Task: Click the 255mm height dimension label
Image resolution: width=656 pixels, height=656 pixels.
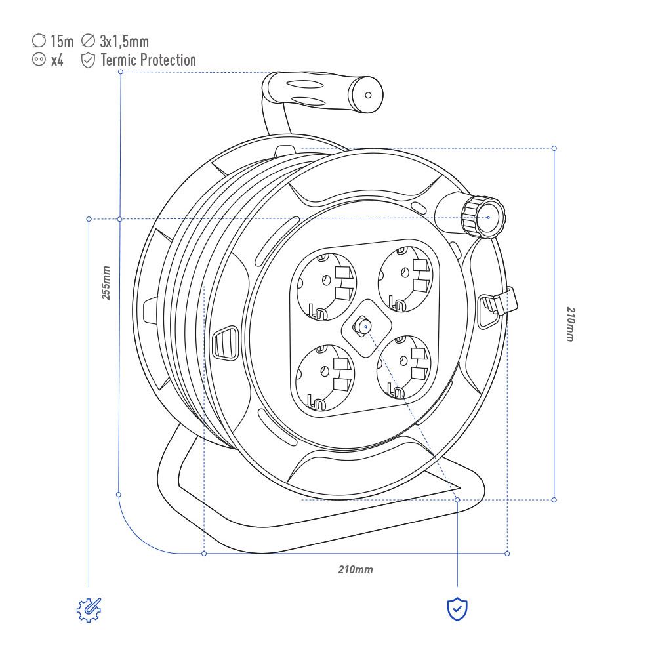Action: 106,283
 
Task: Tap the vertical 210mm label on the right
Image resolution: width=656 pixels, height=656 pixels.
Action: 571,324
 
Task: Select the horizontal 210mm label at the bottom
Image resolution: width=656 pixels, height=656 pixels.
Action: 356,569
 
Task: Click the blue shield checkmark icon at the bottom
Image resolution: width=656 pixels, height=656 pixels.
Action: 457,609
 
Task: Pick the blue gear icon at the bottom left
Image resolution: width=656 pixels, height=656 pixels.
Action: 89,609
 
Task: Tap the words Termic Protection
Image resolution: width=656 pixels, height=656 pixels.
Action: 148,60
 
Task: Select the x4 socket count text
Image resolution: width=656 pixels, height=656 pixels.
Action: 57,60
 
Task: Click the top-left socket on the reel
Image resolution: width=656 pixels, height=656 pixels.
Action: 325,287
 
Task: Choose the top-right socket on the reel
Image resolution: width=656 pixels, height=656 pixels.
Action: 405,279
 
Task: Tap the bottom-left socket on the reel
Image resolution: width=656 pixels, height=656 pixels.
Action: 324,377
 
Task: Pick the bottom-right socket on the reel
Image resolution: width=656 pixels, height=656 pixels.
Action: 403,367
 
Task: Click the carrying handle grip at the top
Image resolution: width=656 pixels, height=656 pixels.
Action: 322,92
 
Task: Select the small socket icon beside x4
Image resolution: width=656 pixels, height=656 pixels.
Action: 39,60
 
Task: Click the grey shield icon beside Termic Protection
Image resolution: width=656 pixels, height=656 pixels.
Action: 88,60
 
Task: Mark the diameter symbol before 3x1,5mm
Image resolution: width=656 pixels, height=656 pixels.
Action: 88,41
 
